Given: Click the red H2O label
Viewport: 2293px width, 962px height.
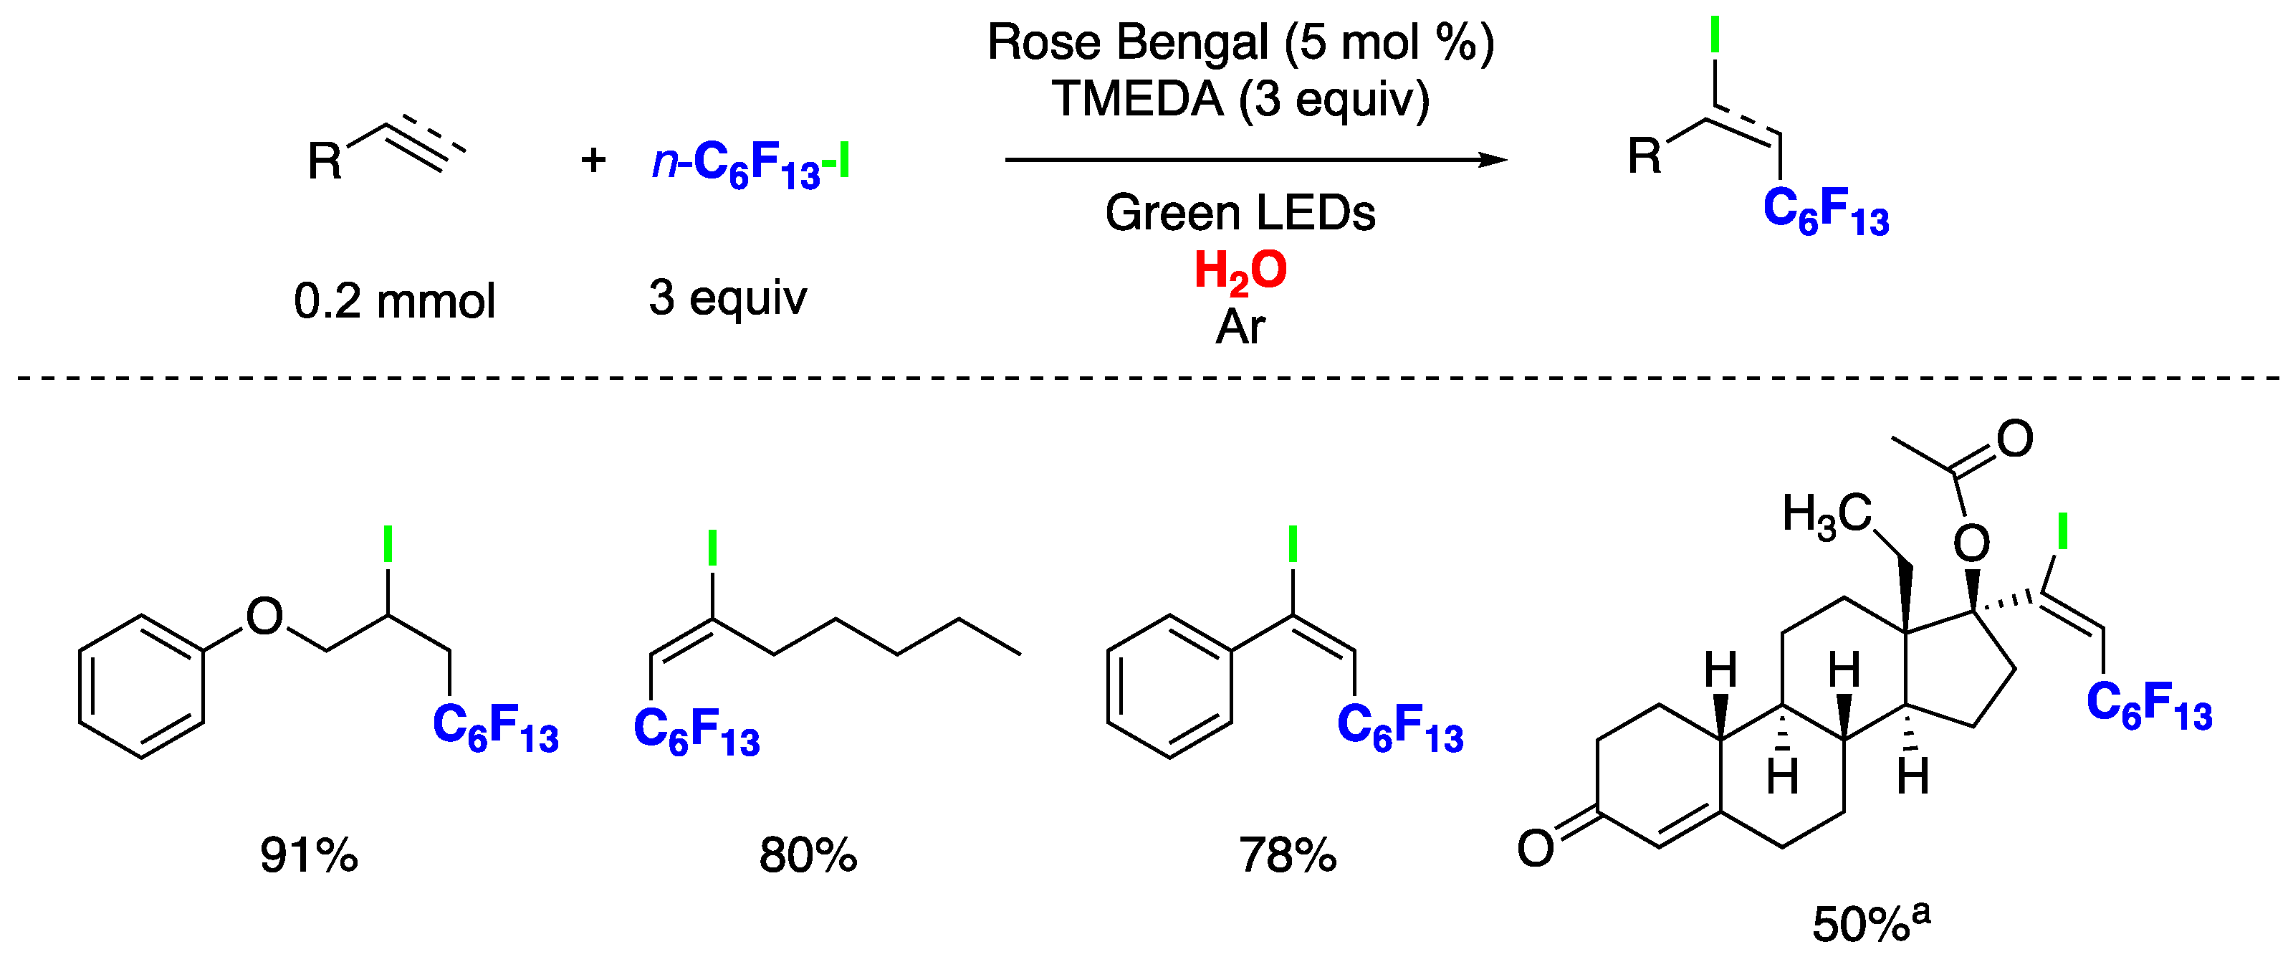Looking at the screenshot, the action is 1240,271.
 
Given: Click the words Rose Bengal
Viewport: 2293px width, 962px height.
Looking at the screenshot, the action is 1129,43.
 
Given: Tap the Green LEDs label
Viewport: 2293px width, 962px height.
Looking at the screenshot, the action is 1240,213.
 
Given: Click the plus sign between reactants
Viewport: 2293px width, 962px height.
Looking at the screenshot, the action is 593,161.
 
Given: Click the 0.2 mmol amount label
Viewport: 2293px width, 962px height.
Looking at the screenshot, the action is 394,301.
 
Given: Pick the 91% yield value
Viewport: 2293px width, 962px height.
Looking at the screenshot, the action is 309,855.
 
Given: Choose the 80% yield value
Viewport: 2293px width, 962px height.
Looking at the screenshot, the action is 808,855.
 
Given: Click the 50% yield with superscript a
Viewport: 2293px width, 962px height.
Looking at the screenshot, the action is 1870,923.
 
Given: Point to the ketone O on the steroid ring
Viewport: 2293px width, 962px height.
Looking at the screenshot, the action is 1536,848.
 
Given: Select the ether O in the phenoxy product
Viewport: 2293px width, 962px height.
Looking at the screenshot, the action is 264,616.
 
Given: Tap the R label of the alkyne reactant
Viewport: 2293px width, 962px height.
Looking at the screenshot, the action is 325,161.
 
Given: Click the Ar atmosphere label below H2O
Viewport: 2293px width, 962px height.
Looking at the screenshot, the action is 1240,327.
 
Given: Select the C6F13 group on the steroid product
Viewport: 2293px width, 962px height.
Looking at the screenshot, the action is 2149,705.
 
